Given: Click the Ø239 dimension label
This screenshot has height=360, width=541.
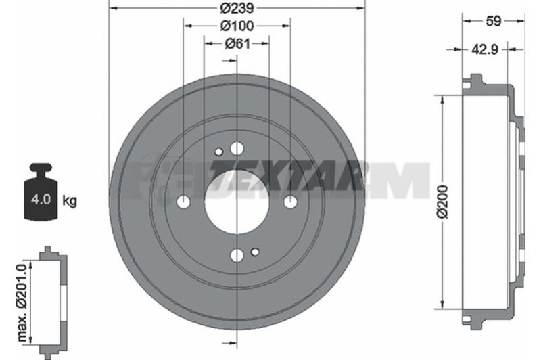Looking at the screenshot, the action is click(x=237, y=8).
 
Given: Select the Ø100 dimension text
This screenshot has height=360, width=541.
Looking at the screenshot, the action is click(x=237, y=26).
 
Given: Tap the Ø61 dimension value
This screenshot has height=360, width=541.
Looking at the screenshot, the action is click(x=237, y=44).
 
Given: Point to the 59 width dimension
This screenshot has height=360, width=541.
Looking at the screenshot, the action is click(x=493, y=21).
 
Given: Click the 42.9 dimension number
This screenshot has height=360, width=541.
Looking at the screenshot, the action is click(x=485, y=49).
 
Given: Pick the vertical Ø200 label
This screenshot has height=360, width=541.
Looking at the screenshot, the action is click(x=442, y=202).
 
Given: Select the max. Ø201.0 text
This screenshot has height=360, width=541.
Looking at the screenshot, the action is click(x=22, y=302).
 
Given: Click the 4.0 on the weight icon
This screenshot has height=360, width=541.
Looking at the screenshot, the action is click(x=41, y=199).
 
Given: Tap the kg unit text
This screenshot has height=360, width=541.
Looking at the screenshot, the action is click(x=70, y=200).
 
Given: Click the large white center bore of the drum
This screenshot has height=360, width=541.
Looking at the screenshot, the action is click(x=237, y=202).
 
